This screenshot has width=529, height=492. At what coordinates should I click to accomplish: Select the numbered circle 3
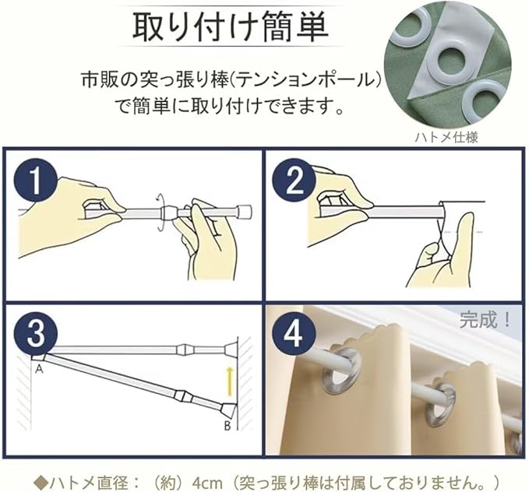pos(36,333)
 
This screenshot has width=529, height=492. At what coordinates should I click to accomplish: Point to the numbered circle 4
pos(294,333)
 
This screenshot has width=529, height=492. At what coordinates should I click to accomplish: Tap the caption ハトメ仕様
pos(446,137)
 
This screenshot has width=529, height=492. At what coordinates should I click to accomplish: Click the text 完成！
pos(485,320)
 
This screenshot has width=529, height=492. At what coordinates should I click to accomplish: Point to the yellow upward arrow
pos(230,381)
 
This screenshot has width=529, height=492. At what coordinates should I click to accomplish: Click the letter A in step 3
pos(40,370)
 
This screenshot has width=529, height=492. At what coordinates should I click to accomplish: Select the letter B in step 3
pos(227,427)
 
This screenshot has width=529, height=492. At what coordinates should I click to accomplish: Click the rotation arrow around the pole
pos(160,212)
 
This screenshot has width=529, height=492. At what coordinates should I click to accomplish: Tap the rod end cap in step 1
pos(245,212)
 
